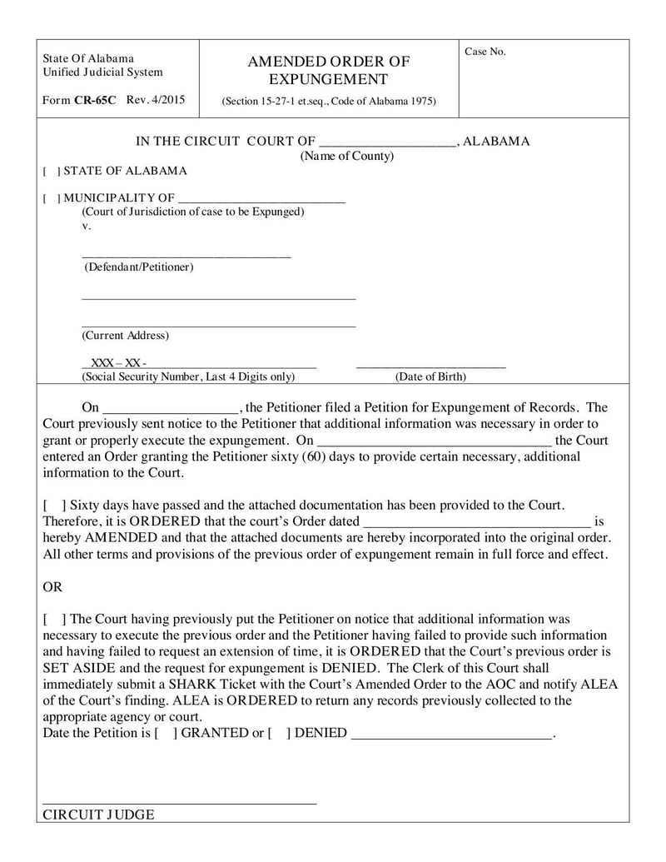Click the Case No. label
point(485,52)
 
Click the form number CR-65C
point(95,100)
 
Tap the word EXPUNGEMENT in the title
point(328,79)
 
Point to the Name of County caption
point(347,156)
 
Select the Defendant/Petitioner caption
point(138,267)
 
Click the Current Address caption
point(125,335)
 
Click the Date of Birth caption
point(430,376)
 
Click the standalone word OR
point(52,586)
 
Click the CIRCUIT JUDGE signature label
point(98,815)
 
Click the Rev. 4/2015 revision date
point(156,100)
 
